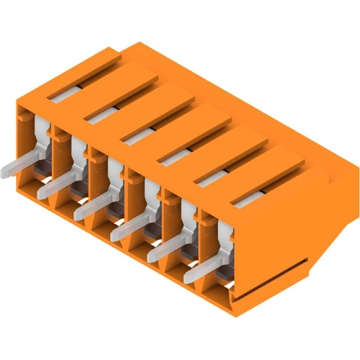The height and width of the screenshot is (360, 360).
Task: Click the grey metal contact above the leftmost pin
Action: (x=40, y=140)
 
